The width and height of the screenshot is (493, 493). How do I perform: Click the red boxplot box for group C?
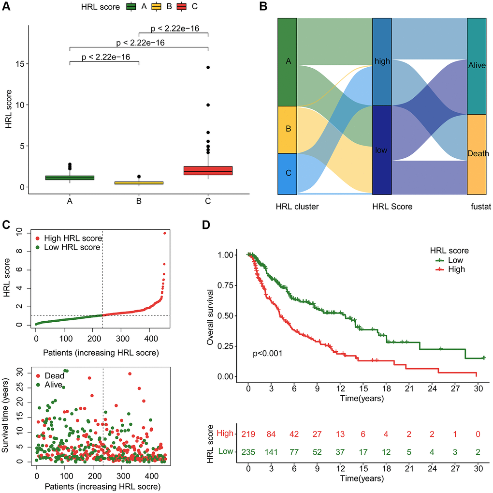click(208, 170)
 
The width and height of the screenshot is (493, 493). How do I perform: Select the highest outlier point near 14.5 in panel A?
click(208, 67)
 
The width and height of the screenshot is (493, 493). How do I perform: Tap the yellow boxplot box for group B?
click(139, 183)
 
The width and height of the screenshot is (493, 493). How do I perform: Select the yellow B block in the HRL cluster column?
click(287, 130)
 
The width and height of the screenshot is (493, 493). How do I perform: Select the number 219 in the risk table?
click(248, 434)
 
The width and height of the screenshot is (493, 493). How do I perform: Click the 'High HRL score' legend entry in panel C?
click(72, 238)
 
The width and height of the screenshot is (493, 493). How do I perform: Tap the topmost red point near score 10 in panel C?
click(164, 233)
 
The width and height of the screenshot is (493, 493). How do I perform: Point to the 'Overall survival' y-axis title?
click(210, 315)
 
